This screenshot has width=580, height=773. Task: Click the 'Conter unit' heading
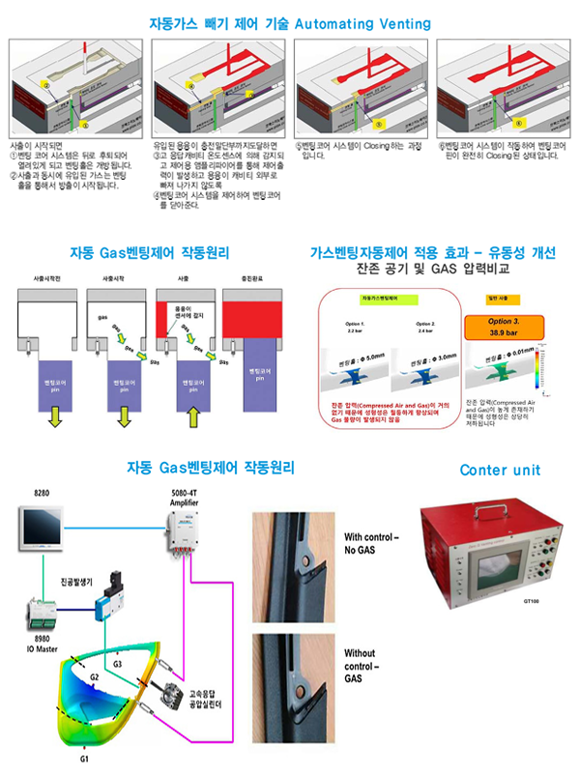[x=500, y=471]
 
